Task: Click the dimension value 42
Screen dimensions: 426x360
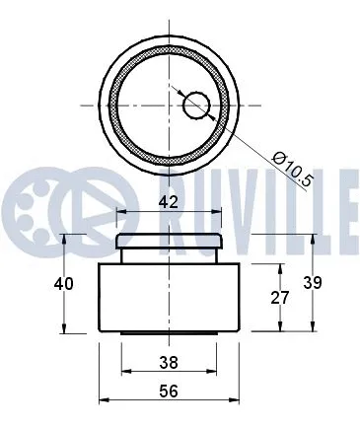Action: point(169,201)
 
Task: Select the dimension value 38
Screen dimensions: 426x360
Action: point(169,362)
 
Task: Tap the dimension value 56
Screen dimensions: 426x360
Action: point(169,391)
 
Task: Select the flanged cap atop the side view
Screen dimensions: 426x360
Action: point(171,241)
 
